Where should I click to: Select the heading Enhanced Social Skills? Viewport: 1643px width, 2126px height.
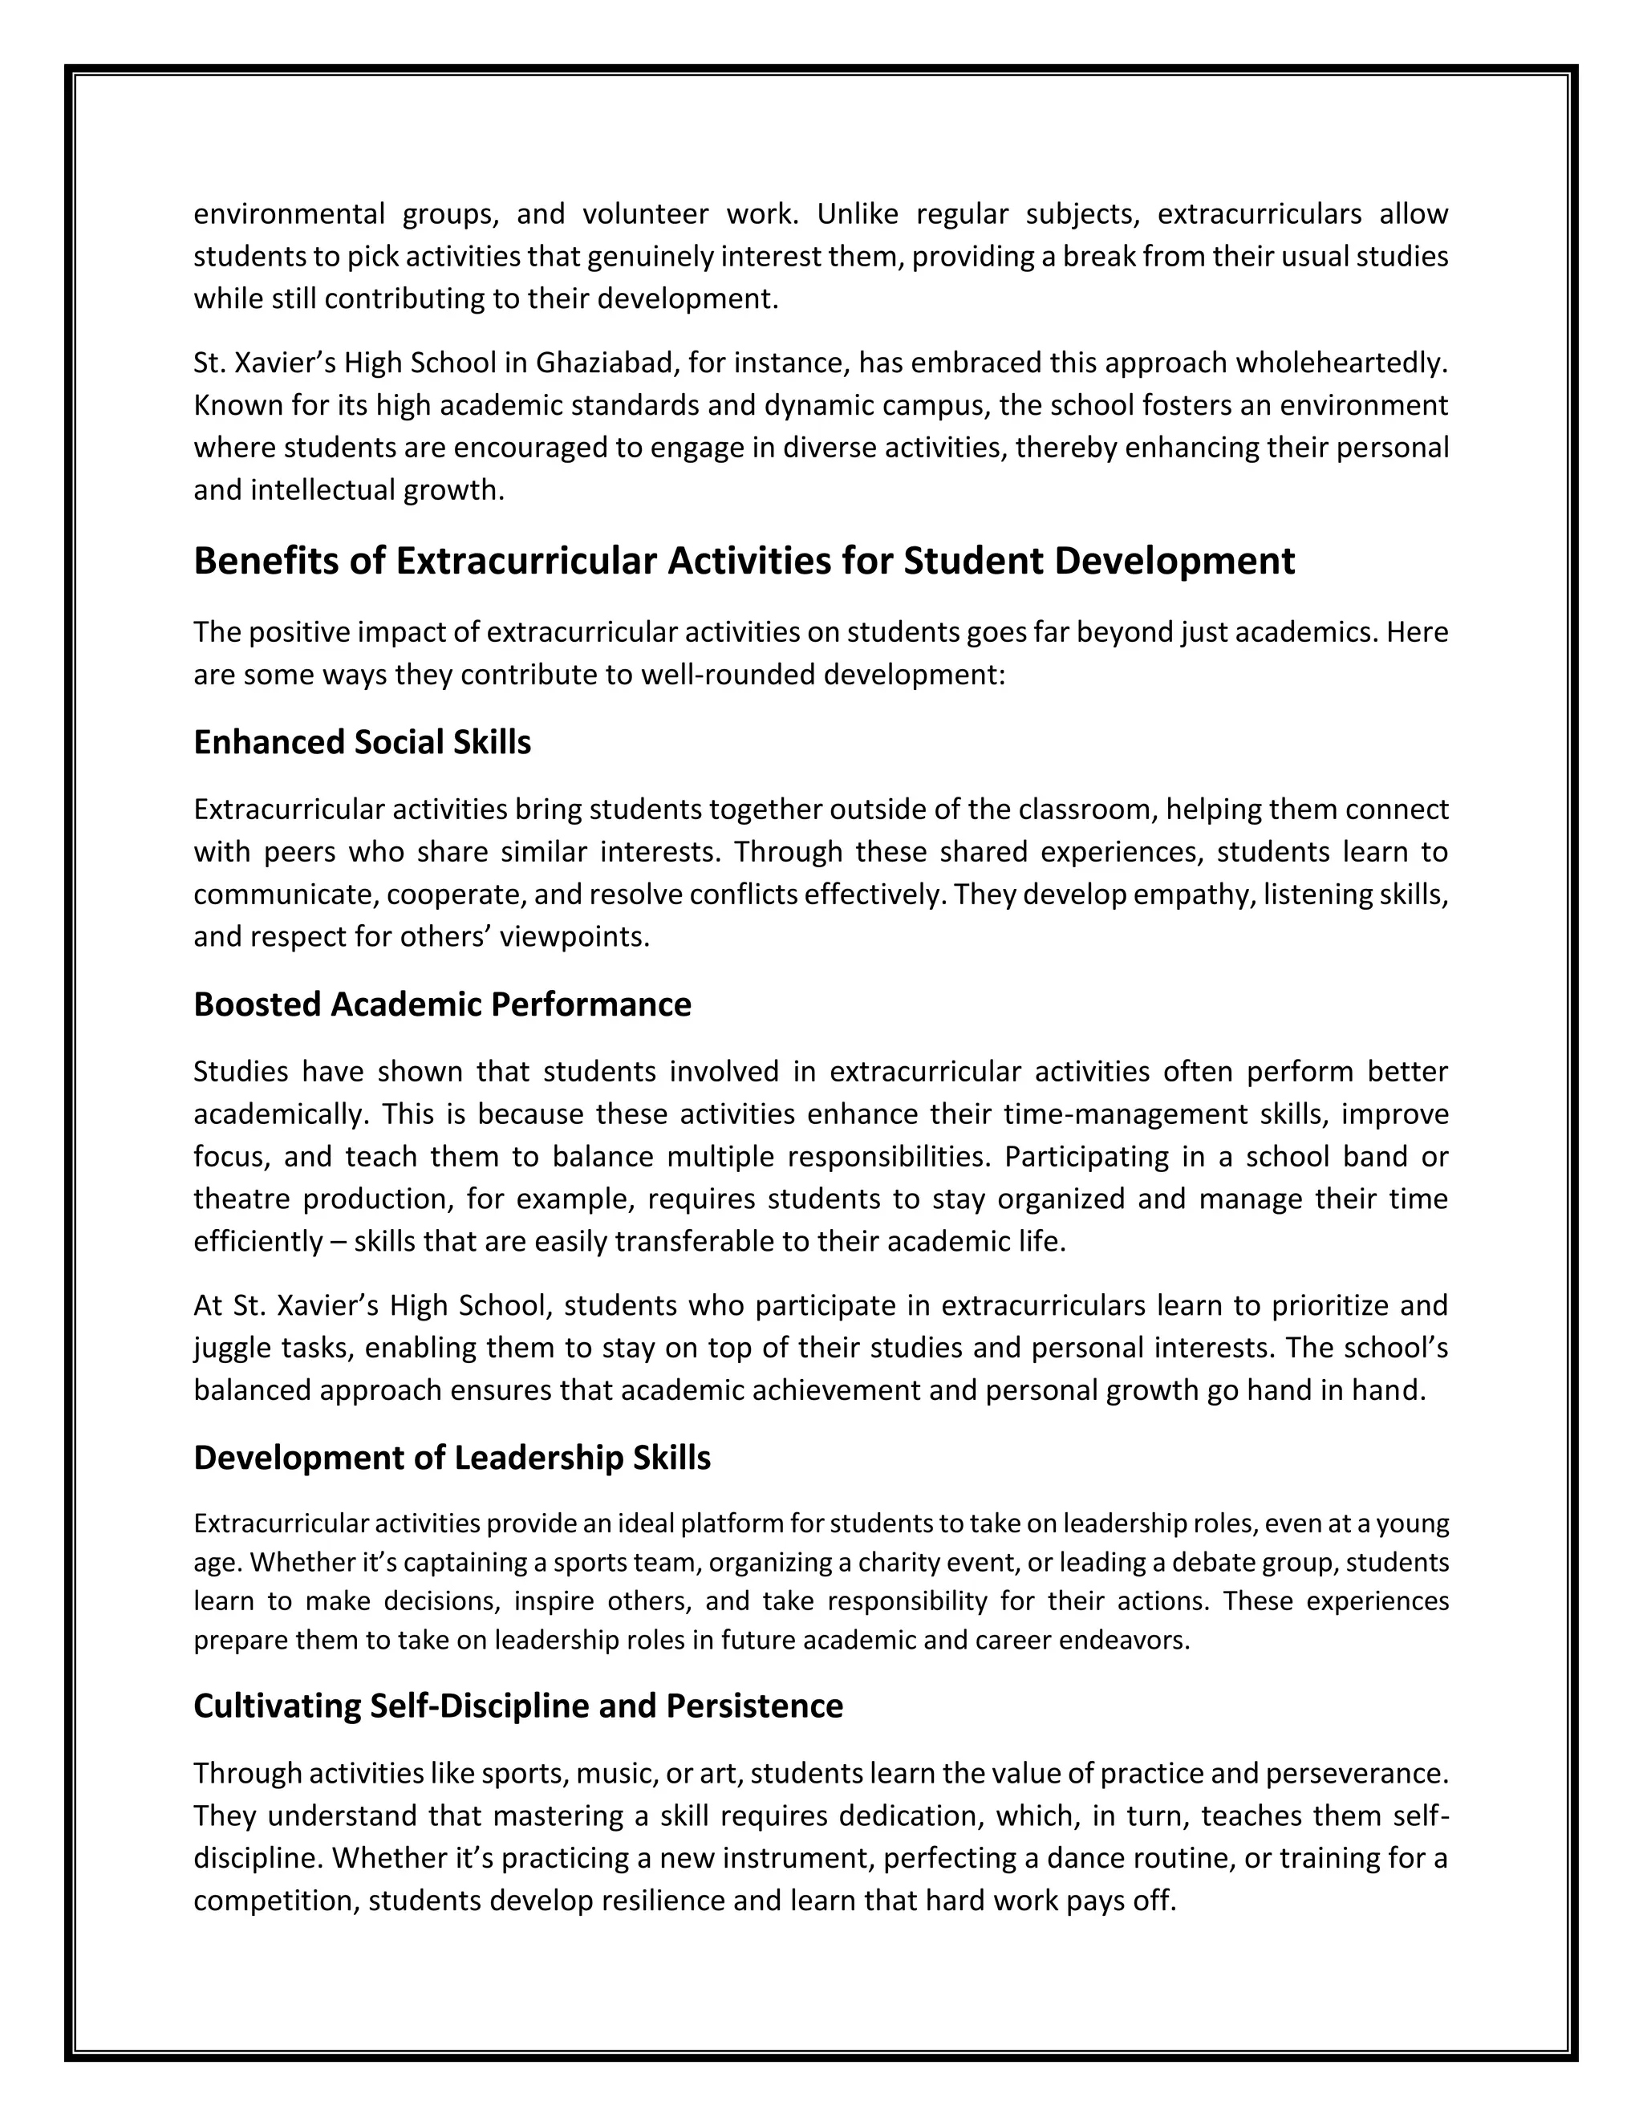tap(362, 743)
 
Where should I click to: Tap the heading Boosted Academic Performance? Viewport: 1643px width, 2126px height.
tap(442, 1004)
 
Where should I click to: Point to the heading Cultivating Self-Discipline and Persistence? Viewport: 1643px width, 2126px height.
tap(517, 1706)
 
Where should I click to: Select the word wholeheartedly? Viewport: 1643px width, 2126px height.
tap(1342, 363)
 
